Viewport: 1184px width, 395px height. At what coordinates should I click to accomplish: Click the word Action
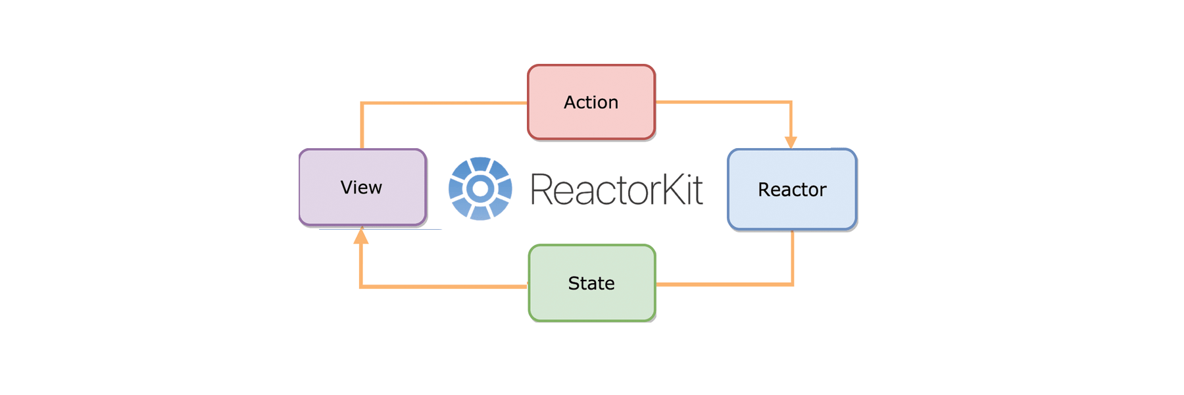591,102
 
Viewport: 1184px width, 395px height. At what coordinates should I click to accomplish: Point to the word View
361,188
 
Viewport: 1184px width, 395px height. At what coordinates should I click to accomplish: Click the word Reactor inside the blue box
792,190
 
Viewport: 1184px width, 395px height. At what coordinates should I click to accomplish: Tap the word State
591,283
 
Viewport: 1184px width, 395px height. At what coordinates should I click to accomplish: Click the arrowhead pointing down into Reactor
791,142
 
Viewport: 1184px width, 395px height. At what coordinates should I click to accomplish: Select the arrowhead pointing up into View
361,237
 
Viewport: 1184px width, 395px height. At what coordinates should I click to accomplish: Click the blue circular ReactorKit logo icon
480,188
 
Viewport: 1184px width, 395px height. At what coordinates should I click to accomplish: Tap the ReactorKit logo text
616,190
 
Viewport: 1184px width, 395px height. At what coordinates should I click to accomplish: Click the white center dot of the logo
480,189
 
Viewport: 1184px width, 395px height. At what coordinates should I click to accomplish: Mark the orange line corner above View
362,103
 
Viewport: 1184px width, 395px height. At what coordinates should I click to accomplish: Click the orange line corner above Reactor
791,102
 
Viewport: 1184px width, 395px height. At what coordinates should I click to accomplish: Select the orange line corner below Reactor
792,284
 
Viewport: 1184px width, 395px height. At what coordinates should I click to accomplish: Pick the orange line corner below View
361,286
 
